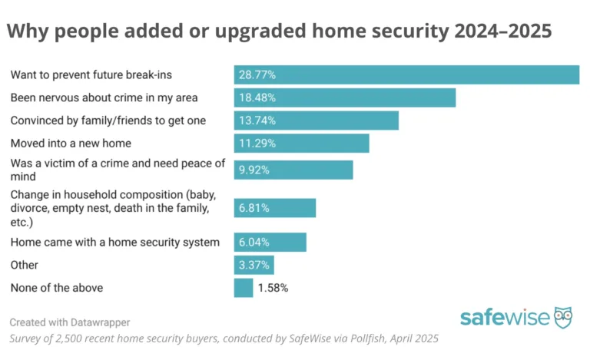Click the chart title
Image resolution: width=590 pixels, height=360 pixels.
(x=279, y=32)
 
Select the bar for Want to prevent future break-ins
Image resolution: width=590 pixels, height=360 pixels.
(x=406, y=74)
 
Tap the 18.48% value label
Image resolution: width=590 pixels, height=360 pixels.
(x=257, y=97)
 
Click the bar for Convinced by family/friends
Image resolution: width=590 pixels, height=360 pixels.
(x=316, y=121)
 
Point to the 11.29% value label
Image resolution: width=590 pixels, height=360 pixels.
(x=257, y=144)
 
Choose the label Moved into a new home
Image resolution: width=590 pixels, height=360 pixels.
(x=70, y=144)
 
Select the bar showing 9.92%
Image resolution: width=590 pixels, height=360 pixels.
(x=293, y=170)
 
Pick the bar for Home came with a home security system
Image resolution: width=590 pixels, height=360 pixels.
(x=270, y=243)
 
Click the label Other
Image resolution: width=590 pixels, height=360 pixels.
(x=24, y=266)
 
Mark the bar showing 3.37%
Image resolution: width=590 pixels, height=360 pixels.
(x=254, y=266)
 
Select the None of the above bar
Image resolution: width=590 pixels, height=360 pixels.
(x=243, y=288)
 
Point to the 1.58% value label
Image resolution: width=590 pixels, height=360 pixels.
(x=273, y=288)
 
